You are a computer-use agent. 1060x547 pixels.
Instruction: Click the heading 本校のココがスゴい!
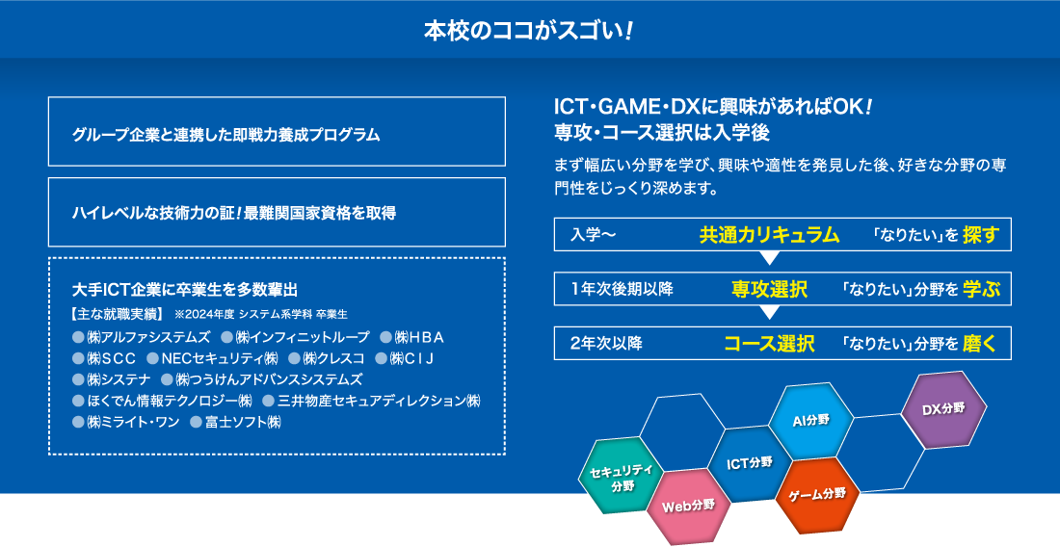tap(529, 31)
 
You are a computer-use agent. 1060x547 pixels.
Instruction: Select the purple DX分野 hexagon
tap(943, 409)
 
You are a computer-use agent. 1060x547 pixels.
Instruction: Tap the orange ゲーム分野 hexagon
tap(817, 495)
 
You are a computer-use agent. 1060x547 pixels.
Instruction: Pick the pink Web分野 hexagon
tap(688, 507)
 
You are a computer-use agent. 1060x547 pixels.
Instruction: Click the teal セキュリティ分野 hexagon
tap(622, 476)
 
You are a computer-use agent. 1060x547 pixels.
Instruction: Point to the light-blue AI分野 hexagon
tap(810, 421)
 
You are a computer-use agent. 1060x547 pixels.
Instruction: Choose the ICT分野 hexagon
tap(749, 464)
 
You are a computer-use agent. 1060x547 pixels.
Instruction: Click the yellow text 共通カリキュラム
tap(769, 235)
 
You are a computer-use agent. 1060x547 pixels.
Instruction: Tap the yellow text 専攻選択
tap(769, 289)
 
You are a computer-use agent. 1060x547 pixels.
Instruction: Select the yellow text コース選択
tap(769, 344)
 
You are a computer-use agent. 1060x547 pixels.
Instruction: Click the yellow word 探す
tap(981, 235)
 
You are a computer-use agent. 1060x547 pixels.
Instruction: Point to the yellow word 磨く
tap(980, 344)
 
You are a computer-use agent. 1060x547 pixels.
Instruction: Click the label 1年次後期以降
tap(622, 289)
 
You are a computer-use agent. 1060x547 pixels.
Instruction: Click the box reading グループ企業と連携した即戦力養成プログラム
tap(277, 132)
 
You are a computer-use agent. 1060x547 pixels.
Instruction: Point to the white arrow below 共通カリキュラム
tap(769, 258)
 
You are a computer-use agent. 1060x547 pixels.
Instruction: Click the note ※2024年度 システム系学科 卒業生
tap(261, 315)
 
